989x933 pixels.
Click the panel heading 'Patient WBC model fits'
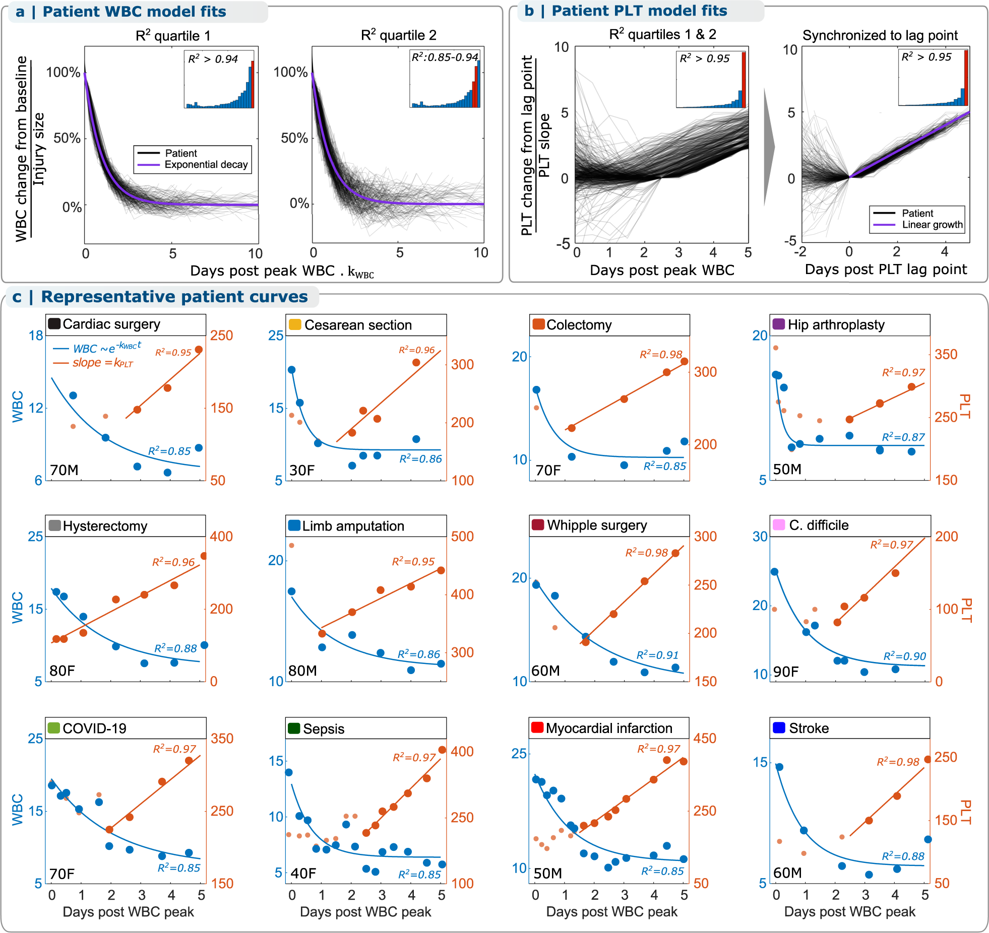point(134,12)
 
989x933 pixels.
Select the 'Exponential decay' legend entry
point(206,165)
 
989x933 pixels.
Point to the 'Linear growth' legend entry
point(932,225)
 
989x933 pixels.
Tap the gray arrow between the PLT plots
point(769,147)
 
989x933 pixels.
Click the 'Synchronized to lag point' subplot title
point(880,35)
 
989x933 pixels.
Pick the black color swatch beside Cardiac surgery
point(54,324)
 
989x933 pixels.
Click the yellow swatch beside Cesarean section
point(295,325)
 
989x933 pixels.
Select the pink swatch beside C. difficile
point(779,525)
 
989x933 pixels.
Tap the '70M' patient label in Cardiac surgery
point(64,470)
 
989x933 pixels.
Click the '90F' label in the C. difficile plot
point(786,672)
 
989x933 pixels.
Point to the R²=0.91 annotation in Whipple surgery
point(657,655)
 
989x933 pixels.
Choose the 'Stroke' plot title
point(809,728)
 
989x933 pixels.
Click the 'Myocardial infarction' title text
point(609,728)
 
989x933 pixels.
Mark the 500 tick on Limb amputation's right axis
point(462,536)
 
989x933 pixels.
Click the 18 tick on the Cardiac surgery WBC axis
point(36,336)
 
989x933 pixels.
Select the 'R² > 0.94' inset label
point(213,59)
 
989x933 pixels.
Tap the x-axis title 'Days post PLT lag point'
point(886,270)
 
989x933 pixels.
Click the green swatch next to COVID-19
point(53,728)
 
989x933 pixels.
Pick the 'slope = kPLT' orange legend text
point(102,363)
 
